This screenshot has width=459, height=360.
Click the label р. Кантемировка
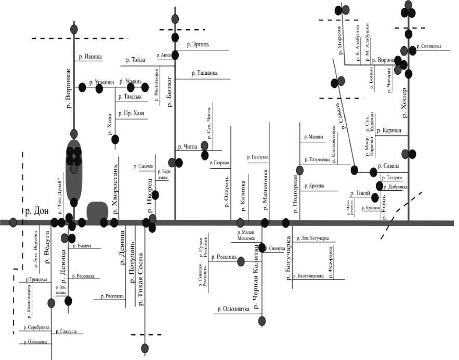click(x=312, y=276)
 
